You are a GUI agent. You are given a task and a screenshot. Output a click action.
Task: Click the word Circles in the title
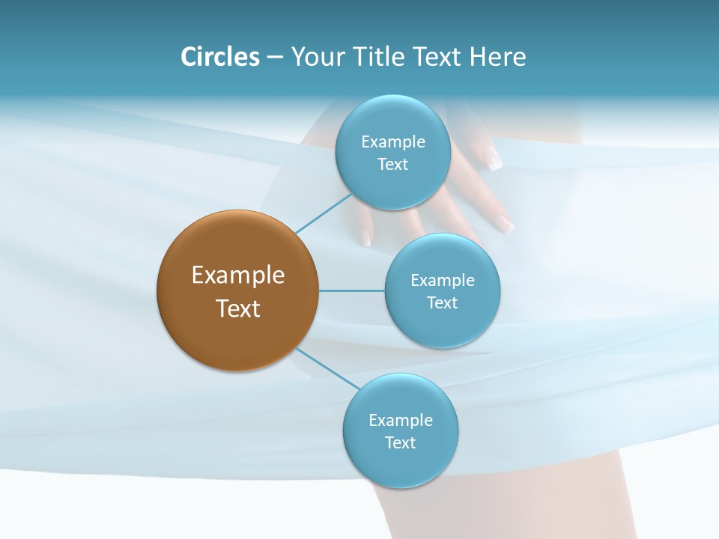point(220,57)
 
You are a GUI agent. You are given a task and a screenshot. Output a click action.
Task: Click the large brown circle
point(237,290)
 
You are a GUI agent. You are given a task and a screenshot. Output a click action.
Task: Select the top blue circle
point(392,152)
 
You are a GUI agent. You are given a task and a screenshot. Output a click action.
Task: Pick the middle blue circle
point(442,290)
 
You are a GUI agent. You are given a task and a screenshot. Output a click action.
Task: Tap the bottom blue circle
point(400,430)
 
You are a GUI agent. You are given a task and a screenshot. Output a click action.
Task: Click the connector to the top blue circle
point(324,214)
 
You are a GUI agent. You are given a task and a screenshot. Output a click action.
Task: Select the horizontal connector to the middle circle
point(351,290)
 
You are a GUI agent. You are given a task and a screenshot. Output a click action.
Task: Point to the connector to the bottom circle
point(328,368)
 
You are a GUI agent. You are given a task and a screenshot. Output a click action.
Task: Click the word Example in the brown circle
point(237,275)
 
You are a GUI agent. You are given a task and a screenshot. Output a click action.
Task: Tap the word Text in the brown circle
point(237,308)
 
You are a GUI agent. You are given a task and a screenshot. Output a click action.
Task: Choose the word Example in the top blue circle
point(392,141)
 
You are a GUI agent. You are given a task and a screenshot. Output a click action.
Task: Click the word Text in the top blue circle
point(392,164)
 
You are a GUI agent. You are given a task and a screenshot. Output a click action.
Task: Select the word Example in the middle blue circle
point(442,280)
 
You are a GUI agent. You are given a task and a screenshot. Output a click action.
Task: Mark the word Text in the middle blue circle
point(442,302)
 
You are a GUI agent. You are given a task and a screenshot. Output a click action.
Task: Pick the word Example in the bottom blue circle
point(400,420)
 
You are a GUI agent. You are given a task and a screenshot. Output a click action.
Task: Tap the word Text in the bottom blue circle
point(400,442)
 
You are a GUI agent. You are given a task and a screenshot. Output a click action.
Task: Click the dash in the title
point(275,58)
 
